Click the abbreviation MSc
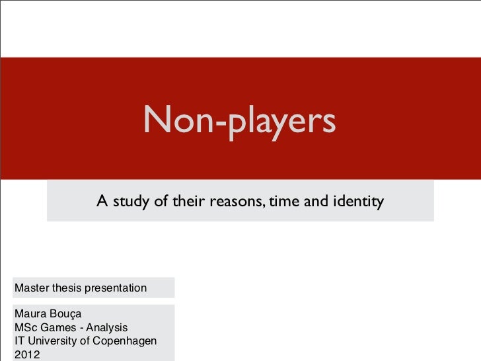pos(25,327)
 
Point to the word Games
pos(57,327)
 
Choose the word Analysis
pos(107,328)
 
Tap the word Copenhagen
pos(124,341)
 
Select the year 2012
pos(27,354)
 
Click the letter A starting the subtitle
pos(102,201)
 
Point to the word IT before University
pos(20,341)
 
